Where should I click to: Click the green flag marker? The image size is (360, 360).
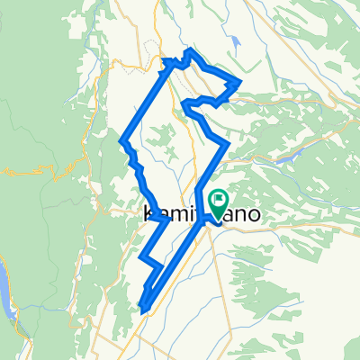[x=217, y=200]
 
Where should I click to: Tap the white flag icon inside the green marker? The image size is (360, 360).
[x=217, y=198]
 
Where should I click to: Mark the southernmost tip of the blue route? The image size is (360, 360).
[x=143, y=310]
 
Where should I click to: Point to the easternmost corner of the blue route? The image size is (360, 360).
[x=239, y=82]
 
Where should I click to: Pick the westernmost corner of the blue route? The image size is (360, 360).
[x=121, y=140]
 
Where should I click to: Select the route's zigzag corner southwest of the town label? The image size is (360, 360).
[x=142, y=259]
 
